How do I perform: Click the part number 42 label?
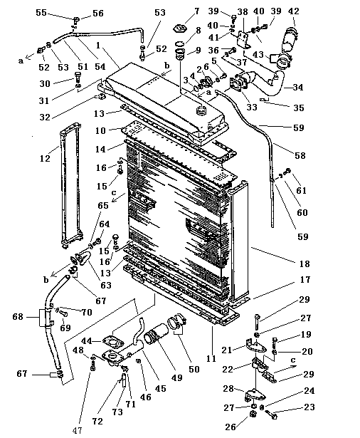click(293, 11)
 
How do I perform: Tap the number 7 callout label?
click(197, 11)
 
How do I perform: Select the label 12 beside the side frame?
click(45, 158)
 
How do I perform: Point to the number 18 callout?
click(305, 264)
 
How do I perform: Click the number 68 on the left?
click(18, 317)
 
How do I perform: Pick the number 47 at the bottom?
click(78, 430)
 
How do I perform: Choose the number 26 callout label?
click(231, 427)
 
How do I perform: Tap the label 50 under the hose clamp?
click(194, 369)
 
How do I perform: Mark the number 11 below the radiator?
click(211, 358)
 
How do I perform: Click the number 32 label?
click(45, 117)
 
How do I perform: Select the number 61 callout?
click(302, 190)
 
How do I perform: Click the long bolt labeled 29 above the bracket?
click(257, 322)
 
